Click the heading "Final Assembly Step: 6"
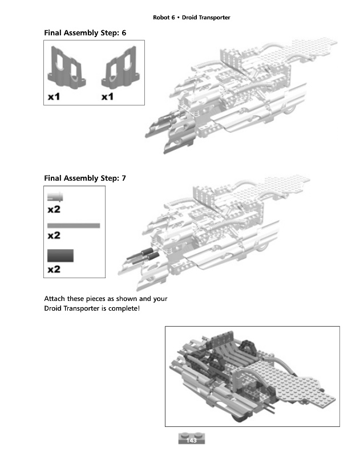tap(85, 33)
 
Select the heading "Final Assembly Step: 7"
tap(85, 178)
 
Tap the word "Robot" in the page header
tap(162, 18)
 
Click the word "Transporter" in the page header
tap(215, 18)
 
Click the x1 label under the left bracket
tap(54, 97)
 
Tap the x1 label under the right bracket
tap(108, 97)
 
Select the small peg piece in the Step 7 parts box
tap(55, 197)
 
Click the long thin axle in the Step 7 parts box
tap(74, 226)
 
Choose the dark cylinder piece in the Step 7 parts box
tap(60, 255)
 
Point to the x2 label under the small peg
tap(54, 209)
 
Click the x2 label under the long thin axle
tap(54, 235)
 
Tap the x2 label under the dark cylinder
tap(54, 269)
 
